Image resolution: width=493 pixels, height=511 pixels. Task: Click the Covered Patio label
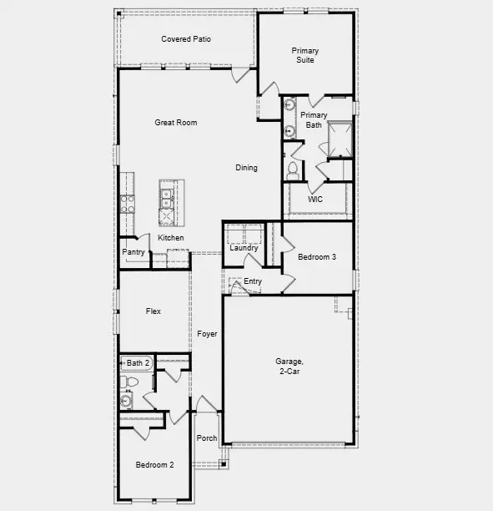186,39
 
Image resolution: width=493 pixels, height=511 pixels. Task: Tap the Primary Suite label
304,55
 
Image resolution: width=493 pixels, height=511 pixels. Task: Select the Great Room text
176,123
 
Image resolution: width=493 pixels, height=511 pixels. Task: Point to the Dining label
246,168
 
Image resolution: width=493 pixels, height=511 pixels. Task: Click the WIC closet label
314,199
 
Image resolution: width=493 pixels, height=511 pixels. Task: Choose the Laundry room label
244,248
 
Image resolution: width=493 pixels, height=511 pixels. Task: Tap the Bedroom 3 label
317,257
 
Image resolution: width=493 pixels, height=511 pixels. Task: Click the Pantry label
133,252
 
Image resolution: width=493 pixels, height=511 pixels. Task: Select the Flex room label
153,311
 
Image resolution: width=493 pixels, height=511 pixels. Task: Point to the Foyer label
207,334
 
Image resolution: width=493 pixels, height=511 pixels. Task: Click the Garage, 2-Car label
288,367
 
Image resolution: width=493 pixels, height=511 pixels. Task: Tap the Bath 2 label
138,363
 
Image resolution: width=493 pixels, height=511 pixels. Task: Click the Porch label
206,438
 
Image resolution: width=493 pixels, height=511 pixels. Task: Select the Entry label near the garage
252,281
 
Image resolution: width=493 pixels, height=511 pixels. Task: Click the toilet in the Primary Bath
292,171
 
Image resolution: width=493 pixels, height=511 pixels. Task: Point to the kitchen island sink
167,198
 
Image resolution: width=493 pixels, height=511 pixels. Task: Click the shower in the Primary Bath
340,139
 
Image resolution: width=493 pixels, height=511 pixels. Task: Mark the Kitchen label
171,238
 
